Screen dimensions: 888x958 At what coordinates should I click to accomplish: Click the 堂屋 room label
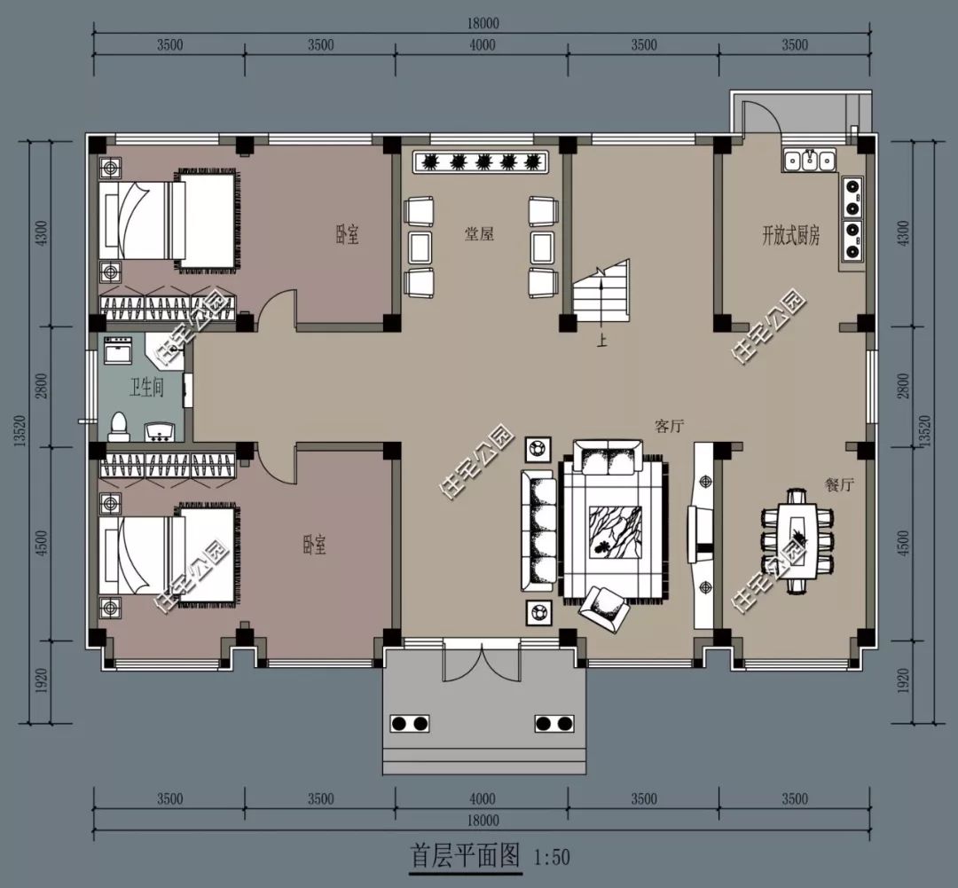479,234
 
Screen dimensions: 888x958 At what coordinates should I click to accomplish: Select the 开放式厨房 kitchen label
790,235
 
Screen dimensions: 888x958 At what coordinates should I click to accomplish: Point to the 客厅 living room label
671,426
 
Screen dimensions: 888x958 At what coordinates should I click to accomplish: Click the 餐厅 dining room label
838,484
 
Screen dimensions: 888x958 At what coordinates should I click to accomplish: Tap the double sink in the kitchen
809,161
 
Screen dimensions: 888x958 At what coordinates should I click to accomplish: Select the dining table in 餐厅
798,540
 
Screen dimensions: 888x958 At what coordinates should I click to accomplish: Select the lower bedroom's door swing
275,464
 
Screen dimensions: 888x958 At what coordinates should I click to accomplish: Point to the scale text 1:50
553,858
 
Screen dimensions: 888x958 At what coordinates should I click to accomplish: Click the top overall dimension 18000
481,25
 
